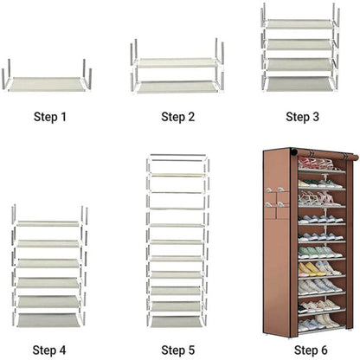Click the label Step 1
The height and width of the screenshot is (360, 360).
[50, 117]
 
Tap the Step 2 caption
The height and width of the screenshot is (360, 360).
[178, 117]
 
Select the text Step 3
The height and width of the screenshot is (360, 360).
[302, 117]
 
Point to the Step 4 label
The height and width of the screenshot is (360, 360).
[49, 350]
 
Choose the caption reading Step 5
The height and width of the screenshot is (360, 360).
[178, 350]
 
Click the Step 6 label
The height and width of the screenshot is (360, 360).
[311, 350]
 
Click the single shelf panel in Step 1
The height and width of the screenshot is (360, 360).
[48, 84]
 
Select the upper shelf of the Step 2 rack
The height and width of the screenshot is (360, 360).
[177, 63]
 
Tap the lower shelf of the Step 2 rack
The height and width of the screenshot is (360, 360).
[177, 87]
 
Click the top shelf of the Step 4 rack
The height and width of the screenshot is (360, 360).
[48, 223]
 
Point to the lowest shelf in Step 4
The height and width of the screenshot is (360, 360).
[48, 320]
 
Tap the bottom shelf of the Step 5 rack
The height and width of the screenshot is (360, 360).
[177, 322]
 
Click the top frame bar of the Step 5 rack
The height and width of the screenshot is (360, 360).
[177, 155]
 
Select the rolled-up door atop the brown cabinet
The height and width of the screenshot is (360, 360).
[325, 154]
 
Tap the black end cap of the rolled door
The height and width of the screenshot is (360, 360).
[293, 151]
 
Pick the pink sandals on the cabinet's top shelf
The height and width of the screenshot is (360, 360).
[317, 164]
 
